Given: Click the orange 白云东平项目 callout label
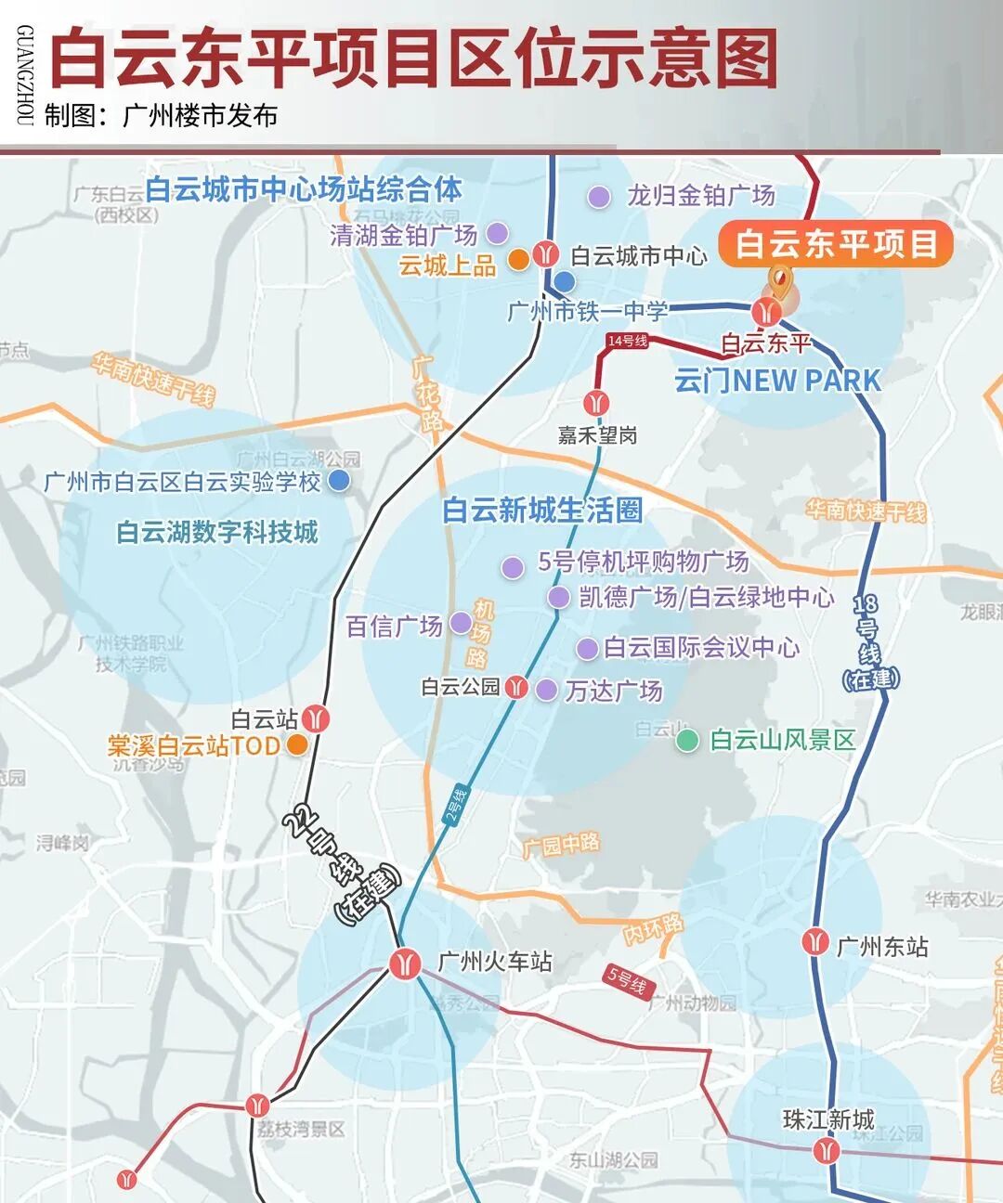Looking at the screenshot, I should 836,244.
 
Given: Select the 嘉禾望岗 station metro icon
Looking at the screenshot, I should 596,403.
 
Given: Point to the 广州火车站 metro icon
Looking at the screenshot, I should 405,963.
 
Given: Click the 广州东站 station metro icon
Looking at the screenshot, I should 815,942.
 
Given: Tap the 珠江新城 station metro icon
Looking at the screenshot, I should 826,1152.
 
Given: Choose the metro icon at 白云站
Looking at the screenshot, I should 318,718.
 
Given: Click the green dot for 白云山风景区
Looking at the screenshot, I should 687,740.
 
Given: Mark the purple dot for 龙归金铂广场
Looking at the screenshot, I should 599,197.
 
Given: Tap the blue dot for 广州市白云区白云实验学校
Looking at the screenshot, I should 339,480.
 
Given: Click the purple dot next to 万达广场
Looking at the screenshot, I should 547,690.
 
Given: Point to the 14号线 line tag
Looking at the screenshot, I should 628,341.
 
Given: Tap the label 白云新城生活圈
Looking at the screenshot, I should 542,511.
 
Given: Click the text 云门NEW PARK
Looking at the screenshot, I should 777,381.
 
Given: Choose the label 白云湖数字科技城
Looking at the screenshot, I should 217,532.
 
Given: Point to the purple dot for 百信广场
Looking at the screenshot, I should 461,623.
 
